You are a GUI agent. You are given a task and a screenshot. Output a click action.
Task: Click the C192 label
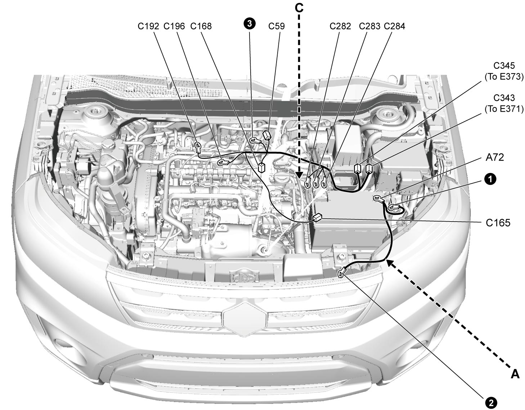(148, 26)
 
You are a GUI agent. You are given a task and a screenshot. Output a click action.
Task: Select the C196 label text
(174, 26)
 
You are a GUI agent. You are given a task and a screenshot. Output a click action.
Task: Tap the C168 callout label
(201, 26)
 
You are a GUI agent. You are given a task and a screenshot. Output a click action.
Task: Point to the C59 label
(277, 26)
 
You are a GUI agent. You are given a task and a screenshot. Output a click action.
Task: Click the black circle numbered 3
(250, 24)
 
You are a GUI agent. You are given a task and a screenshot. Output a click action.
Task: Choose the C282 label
(340, 26)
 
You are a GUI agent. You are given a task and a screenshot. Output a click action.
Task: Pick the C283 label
(369, 26)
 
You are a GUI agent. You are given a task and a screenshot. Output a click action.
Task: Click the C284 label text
(394, 26)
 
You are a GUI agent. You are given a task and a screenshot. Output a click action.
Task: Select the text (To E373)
(504, 77)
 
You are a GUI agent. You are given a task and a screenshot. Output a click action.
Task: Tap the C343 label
(504, 98)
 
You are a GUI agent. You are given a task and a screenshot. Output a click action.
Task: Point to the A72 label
(495, 157)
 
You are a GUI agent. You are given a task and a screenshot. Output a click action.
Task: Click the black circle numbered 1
(490, 179)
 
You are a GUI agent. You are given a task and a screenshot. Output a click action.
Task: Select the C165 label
(498, 223)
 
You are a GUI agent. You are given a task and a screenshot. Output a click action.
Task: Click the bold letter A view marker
(515, 374)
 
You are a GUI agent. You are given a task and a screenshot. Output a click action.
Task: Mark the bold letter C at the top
(299, 8)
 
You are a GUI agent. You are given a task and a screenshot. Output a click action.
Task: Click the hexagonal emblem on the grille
(245, 319)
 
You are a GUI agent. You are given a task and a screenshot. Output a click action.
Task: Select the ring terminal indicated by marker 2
(341, 274)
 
